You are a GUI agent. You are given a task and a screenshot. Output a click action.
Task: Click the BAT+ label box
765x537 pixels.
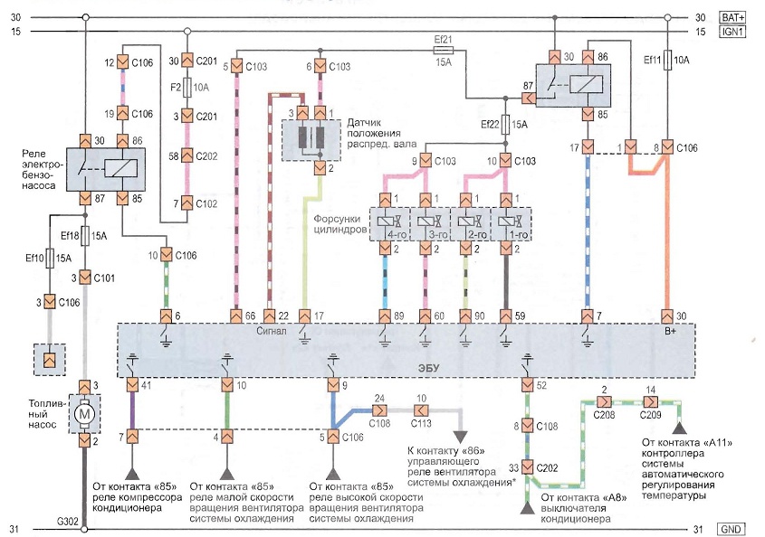click(732, 18)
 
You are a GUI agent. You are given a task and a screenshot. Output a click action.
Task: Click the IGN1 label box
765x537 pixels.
click(732, 33)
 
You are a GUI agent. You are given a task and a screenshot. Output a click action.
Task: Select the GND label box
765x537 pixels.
click(732, 528)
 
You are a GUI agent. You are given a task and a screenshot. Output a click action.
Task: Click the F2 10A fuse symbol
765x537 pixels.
click(186, 89)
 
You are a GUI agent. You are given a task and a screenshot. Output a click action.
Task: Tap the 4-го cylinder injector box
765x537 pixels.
click(387, 223)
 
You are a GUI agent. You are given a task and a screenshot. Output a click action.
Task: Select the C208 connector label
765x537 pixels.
click(603, 411)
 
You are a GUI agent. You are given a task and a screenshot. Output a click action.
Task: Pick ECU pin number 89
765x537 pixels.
click(398, 316)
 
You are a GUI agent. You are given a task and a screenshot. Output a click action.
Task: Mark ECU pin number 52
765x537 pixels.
click(541, 385)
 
